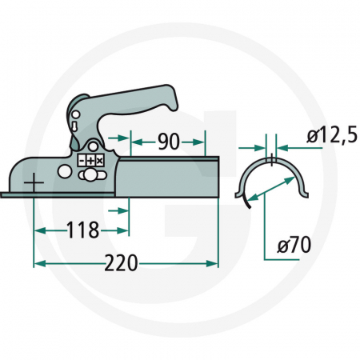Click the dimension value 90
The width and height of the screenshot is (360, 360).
168,143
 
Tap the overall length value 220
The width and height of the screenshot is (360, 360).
122,262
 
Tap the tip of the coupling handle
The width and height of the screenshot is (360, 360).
171,103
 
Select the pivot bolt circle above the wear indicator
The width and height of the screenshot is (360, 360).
94,147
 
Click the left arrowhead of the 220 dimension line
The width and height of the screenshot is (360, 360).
37,262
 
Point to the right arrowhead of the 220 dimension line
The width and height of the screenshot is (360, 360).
214,262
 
